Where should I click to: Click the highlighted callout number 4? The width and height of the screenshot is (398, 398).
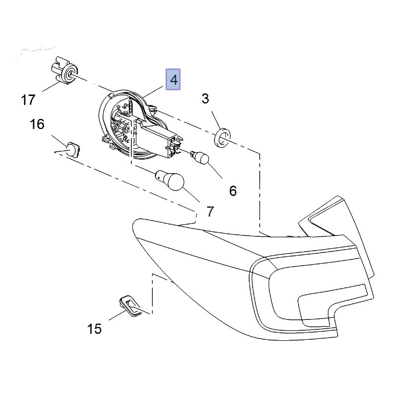173,80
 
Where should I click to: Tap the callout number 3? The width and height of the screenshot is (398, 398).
205,99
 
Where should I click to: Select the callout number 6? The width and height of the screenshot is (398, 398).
232,190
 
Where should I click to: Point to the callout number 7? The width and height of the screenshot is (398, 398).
210,211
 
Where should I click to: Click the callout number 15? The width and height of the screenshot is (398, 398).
94,328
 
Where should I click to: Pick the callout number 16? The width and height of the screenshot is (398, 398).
37,124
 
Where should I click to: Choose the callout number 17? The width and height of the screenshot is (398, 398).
28,100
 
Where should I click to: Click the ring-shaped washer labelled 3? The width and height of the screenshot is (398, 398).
223,137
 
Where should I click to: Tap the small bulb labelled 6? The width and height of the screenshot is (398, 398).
201,158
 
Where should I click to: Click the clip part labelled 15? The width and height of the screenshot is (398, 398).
129,306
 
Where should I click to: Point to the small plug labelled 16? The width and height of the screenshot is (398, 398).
73,149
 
